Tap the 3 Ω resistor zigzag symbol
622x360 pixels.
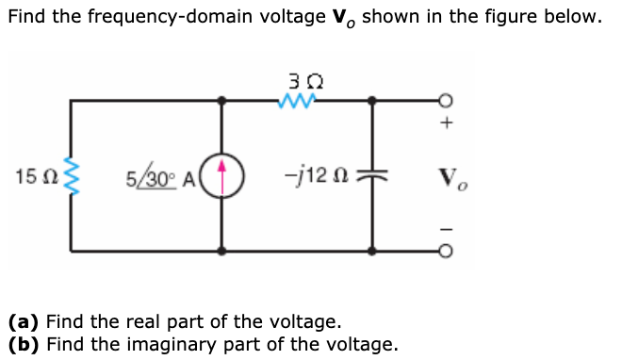pos(297,98)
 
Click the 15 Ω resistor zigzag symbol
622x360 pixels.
pos(69,176)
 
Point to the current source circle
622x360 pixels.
pos(222,176)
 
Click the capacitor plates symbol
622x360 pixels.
pos(372,176)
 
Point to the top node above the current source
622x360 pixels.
pos(222,99)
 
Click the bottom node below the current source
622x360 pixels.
pos(222,252)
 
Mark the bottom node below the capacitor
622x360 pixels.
pos(372,252)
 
